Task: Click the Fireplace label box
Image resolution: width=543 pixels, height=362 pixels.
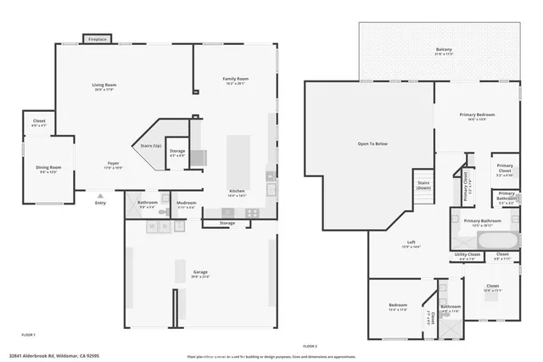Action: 97,39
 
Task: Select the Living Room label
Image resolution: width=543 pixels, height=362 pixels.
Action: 104,85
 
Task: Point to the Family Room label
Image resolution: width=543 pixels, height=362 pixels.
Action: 234,79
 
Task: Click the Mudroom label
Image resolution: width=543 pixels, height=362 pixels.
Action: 187,203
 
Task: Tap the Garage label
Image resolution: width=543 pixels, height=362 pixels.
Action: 200,272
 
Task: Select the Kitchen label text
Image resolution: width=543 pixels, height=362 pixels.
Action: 237,191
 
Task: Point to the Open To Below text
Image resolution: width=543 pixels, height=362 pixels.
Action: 372,144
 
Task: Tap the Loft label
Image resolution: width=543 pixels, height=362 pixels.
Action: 411,242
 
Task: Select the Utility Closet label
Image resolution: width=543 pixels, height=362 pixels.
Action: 467,254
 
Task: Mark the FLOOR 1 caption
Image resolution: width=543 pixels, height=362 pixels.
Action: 17,337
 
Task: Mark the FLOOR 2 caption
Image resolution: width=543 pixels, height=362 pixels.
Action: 310,347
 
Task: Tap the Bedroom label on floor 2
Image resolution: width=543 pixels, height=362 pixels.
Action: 398,305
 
